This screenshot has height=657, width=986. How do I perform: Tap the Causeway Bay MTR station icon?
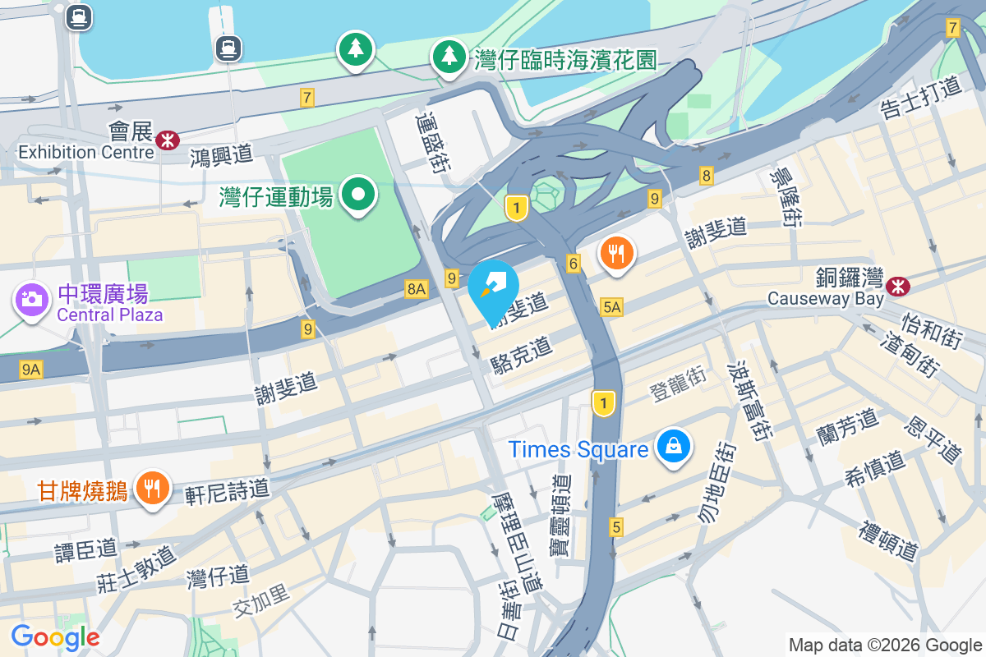pyautogui.click(x=897, y=285)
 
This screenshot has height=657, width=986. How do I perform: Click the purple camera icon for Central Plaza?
pyautogui.click(x=32, y=298)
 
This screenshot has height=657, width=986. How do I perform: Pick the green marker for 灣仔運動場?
pyautogui.click(x=358, y=195)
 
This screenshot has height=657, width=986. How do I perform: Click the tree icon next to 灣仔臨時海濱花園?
pyautogui.click(x=449, y=57)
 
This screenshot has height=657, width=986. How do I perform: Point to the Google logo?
pyautogui.click(x=55, y=637)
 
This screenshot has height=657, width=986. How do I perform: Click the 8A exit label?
pyautogui.click(x=417, y=288)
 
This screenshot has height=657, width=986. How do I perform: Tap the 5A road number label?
pyautogui.click(x=611, y=307)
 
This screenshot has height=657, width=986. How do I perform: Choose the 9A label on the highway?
pyautogui.click(x=31, y=370)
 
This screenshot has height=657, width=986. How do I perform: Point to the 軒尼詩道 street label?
pyautogui.click(x=227, y=490)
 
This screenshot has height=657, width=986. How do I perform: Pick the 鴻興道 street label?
pyautogui.click(x=221, y=154)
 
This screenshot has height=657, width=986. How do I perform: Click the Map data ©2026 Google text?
pyautogui.click(x=885, y=645)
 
